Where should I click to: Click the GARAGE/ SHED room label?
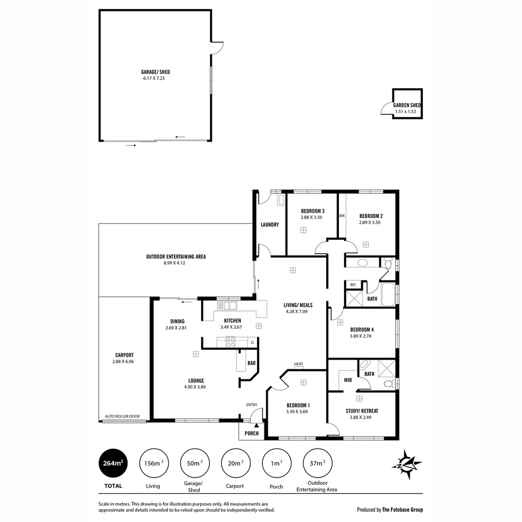pos(155,72)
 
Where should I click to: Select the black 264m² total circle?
pos(113,463)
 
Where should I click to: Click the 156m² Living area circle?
pos(153,463)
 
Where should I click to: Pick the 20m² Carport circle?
pos(235,463)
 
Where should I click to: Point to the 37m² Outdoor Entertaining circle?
pos(317,463)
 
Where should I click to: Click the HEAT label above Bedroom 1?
pos(298,364)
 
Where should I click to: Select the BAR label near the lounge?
pos(251,362)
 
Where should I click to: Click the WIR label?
pos(348,380)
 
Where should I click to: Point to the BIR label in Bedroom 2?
pos(342,216)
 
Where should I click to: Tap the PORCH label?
pos(251,434)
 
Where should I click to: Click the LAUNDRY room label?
pos(269,225)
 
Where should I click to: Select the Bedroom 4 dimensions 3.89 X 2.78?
pos(362,336)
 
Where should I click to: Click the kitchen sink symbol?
pos(227,305)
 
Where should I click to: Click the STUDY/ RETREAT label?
pos(362,411)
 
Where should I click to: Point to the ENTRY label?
pos(251,405)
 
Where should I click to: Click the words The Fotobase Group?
pos(402,509)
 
